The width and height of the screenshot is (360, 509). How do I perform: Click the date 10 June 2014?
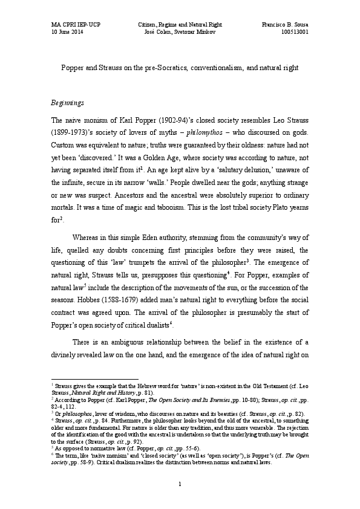(68, 32)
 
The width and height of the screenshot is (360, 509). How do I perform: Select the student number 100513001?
(296, 32)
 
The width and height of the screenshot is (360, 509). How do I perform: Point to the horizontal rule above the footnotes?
(95, 378)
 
